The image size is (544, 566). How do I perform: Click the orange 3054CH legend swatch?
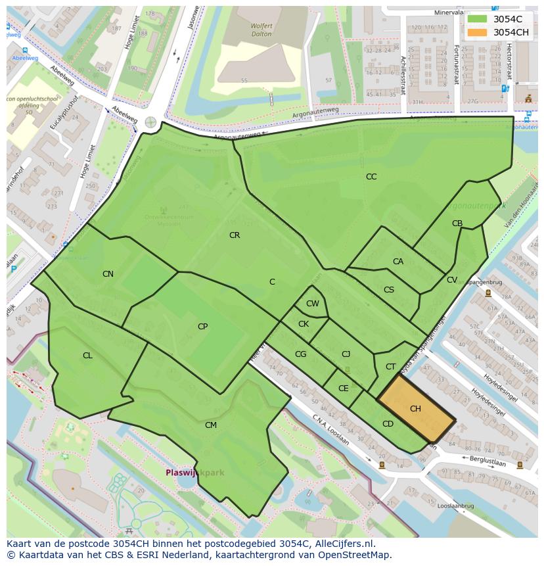point(478,32)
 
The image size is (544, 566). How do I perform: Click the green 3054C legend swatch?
point(478,19)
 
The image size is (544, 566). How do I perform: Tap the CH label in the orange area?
point(415,409)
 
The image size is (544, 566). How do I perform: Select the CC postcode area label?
point(371,177)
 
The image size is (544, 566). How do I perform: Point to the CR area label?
point(235,235)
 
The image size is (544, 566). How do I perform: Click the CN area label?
point(108,274)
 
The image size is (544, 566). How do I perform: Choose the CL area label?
point(87,356)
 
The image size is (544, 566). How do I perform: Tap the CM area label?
point(210,425)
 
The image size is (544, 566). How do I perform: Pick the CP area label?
point(202,327)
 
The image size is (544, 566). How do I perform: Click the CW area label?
point(313,304)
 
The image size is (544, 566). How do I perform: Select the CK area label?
point(304,324)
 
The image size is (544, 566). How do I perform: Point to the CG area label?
point(300,354)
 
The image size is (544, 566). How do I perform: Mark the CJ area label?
point(346,354)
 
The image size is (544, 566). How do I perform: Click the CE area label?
point(343,389)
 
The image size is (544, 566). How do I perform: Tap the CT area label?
point(391,367)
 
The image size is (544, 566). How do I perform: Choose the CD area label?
point(388,424)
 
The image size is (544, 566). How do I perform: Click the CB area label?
point(457,224)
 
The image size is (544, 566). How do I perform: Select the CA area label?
point(398,262)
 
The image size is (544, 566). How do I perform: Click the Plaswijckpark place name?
point(194,473)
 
